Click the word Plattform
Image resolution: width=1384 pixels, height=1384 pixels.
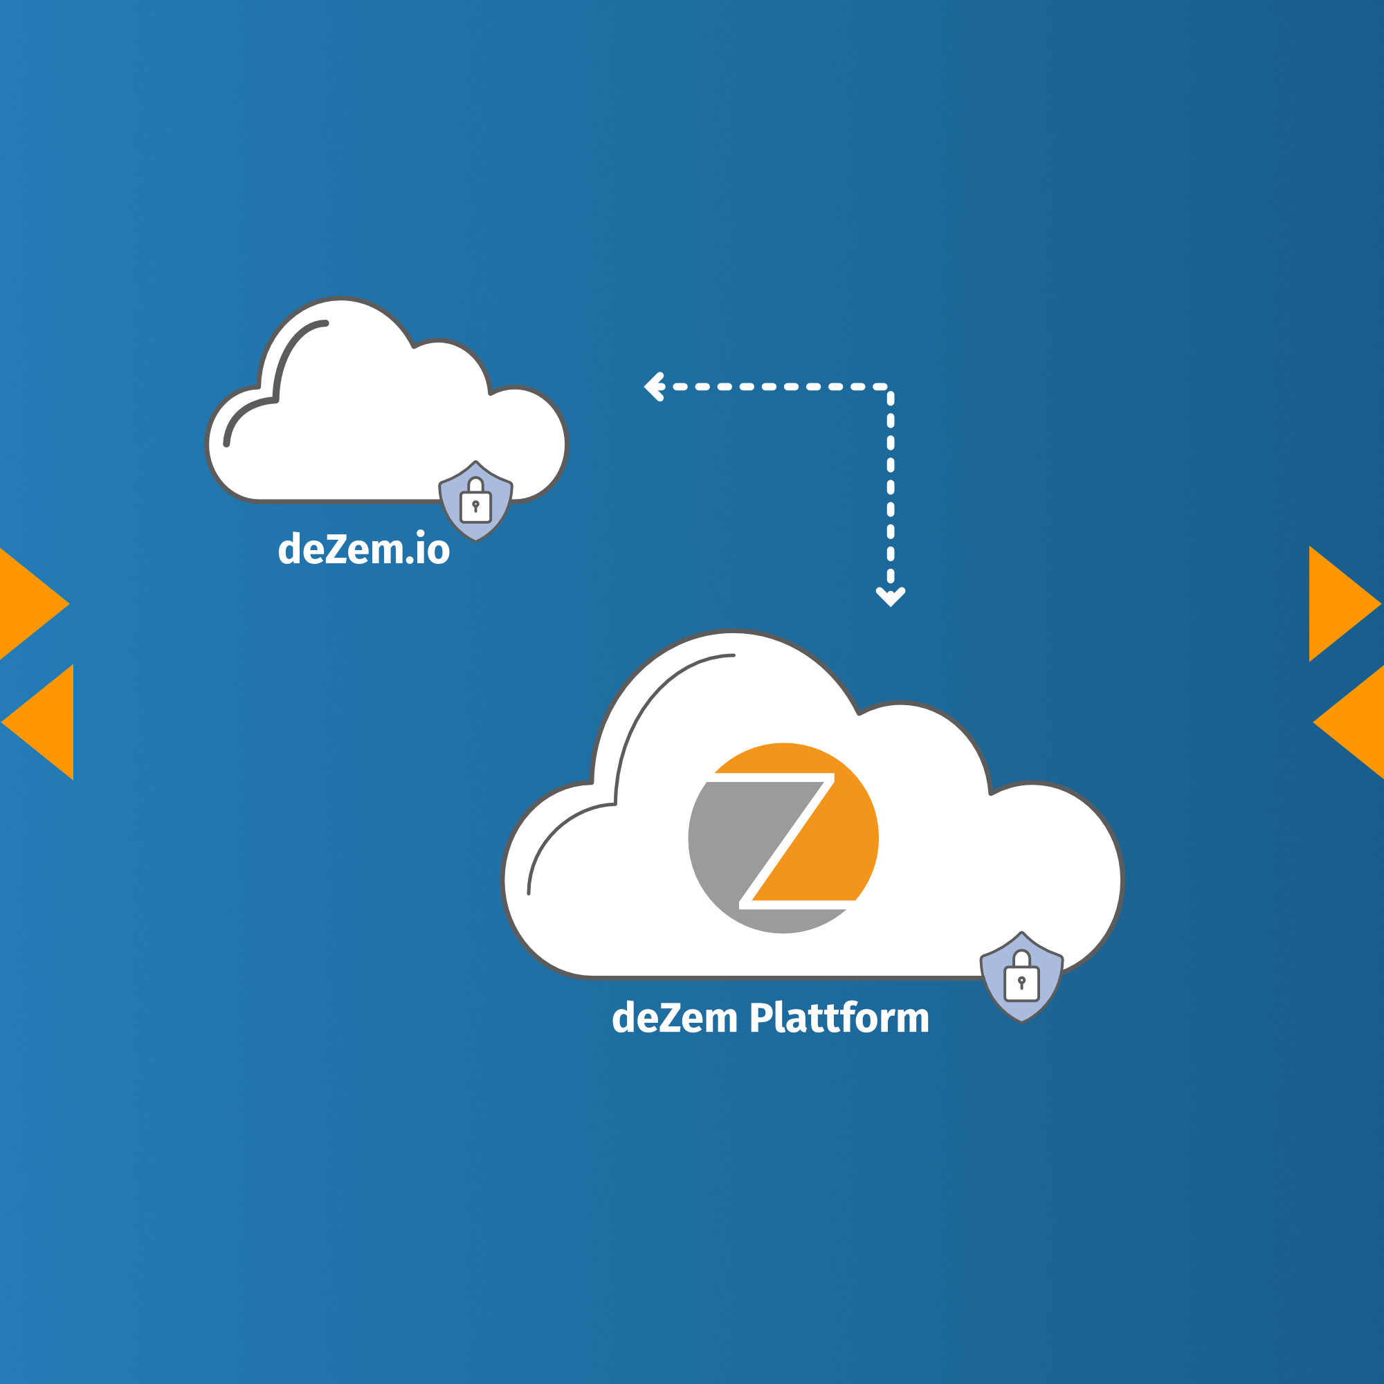tap(839, 1019)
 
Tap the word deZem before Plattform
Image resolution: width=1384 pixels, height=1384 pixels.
tap(675, 1019)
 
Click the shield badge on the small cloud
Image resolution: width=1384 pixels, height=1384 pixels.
tap(475, 502)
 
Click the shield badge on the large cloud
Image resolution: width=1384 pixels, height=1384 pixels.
tap(1021, 978)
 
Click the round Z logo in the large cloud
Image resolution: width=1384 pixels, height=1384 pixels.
tap(783, 838)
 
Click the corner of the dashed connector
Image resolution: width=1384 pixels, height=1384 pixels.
tap(889, 388)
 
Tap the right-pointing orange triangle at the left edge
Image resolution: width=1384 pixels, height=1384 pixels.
tap(28, 604)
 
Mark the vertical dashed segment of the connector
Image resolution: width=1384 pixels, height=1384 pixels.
tap(891, 487)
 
